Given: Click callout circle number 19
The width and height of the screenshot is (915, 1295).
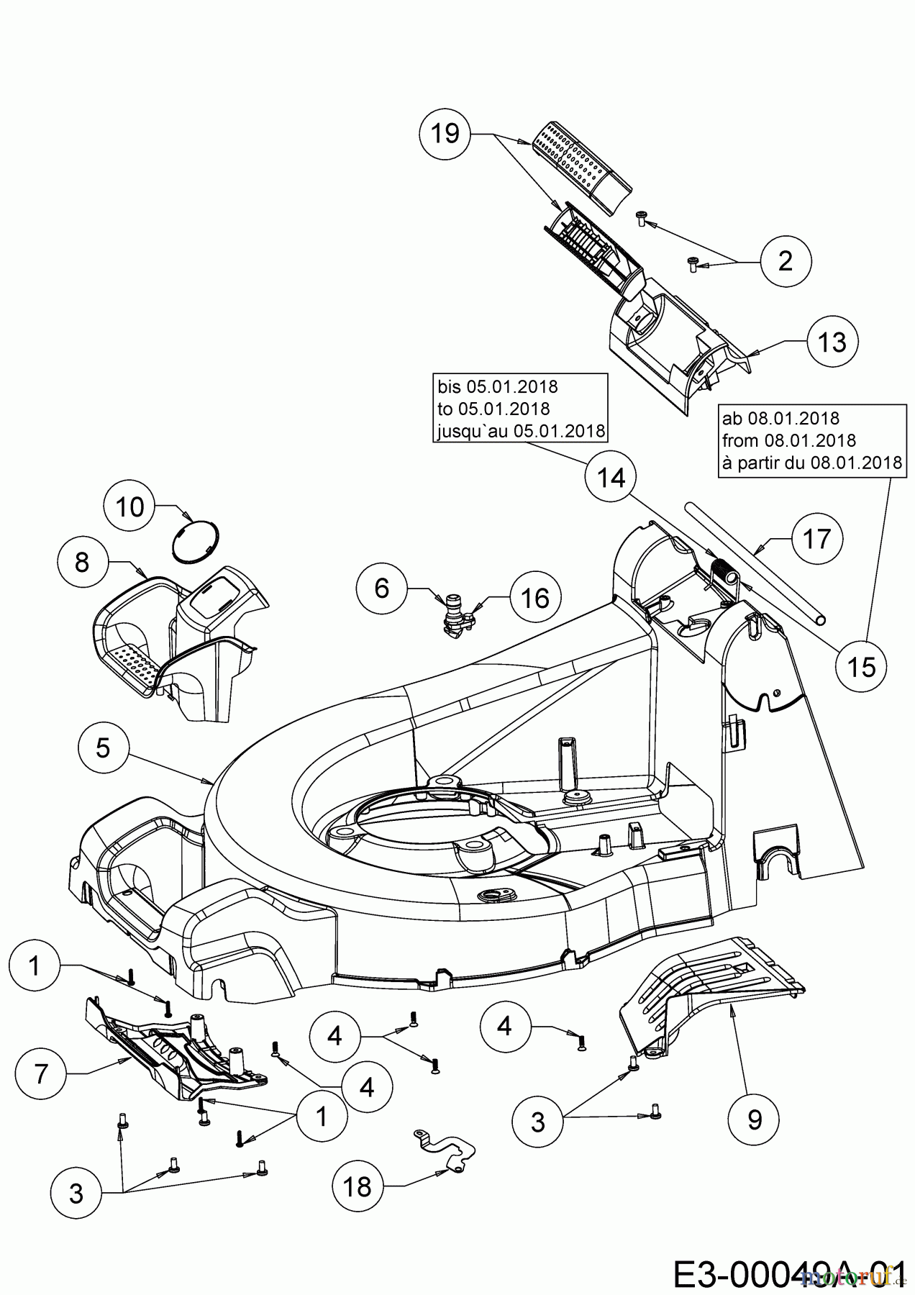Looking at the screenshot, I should [x=445, y=133].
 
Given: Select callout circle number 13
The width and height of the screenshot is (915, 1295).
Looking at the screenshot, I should [x=832, y=342].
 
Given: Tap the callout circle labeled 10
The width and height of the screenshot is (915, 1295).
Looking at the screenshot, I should [x=129, y=507].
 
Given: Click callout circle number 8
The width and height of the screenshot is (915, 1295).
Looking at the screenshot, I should [x=81, y=562].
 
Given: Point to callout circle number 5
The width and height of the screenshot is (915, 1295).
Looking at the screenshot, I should [x=103, y=748].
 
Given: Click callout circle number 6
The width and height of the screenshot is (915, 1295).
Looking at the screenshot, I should [x=382, y=589].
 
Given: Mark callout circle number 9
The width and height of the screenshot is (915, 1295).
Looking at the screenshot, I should [x=754, y=1119].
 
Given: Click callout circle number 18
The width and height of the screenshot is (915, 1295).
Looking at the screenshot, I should [x=358, y=1186].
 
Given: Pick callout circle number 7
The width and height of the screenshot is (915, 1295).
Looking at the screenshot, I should [x=41, y=1074].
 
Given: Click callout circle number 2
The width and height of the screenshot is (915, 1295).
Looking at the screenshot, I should [x=785, y=260].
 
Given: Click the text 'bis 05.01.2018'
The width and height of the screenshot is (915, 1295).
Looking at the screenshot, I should [x=498, y=386].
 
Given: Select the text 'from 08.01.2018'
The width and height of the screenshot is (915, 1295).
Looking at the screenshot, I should [x=788, y=440].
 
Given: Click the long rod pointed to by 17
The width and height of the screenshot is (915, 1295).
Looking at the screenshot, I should [x=755, y=564].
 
